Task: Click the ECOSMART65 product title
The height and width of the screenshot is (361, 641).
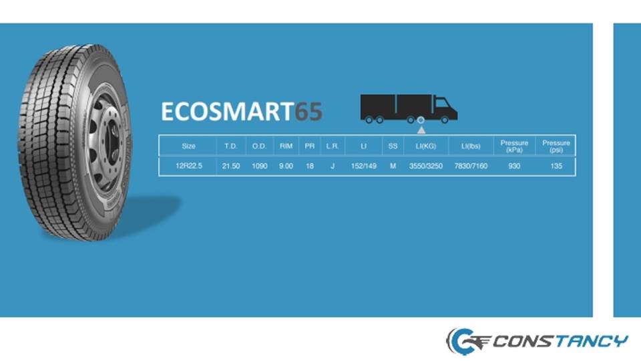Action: coord(242,112)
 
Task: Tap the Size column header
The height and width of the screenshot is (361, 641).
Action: coord(188,146)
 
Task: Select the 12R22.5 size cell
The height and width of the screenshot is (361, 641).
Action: coord(189,166)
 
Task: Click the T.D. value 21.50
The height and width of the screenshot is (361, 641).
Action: coord(231,166)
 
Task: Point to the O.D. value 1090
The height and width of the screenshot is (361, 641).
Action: coord(260,166)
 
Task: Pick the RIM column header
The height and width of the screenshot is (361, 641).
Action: coord(286,146)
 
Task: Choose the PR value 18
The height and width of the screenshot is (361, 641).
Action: coord(310,166)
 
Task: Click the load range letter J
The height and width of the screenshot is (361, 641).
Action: coord(333,166)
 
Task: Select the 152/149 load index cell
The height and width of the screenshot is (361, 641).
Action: coord(364,166)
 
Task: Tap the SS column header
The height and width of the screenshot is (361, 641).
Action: coord(393,146)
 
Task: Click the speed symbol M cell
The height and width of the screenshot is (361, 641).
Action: coord(393,166)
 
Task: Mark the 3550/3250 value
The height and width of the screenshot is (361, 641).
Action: coord(426,166)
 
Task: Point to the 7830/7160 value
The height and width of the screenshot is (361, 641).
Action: coord(471,166)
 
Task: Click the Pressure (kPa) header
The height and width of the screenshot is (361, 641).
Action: coord(514,146)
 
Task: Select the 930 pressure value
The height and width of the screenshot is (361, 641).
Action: coord(514,166)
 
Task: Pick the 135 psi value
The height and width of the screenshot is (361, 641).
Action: coord(556,166)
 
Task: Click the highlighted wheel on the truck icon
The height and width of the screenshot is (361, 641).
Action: coord(421,120)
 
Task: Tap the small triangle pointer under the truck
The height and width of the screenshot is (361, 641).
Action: coord(421,130)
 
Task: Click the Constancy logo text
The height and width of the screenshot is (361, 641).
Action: coord(560,341)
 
